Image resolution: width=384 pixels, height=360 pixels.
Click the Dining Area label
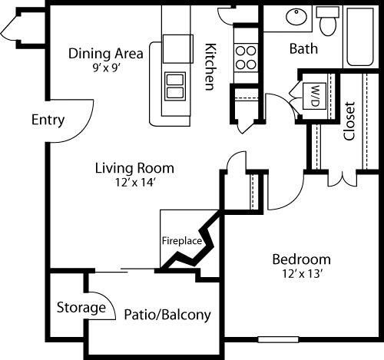click(106, 53)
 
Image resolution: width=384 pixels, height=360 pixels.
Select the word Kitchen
click(208, 66)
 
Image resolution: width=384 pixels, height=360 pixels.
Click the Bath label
click(303, 48)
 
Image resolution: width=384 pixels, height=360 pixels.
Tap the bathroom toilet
click(329, 22)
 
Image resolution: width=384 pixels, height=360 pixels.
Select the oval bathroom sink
click(294, 17)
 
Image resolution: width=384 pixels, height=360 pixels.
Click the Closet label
click(349, 121)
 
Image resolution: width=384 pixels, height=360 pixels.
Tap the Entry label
click(48, 121)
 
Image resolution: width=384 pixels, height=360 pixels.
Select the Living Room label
click(134, 167)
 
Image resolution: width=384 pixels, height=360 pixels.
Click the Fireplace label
click(181, 240)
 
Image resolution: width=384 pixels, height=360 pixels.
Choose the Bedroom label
click(302, 259)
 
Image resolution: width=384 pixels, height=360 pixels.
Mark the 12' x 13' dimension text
click(302, 272)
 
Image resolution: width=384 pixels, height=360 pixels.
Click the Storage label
click(81, 308)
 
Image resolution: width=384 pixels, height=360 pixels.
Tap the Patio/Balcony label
click(167, 315)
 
